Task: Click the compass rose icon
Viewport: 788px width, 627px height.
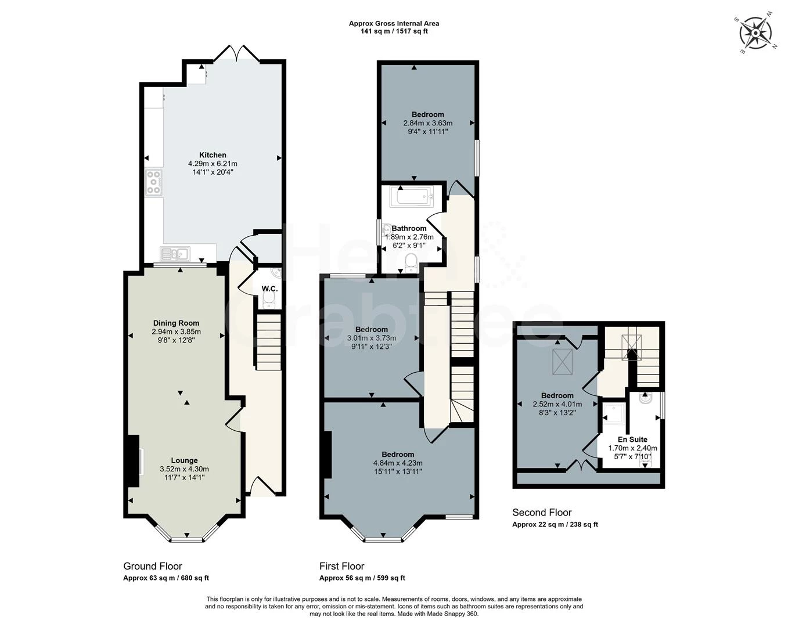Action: click(x=755, y=33)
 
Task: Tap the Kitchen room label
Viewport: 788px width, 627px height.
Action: click(x=213, y=155)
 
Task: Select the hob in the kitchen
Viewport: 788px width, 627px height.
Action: click(x=154, y=182)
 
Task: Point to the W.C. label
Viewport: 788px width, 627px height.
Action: click(x=269, y=289)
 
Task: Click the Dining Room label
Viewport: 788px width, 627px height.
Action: click(x=176, y=323)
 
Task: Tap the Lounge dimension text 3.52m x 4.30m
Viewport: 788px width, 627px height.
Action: click(x=184, y=469)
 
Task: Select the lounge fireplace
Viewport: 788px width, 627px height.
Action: click(x=134, y=460)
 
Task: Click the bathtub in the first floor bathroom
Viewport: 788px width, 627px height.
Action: click(x=412, y=197)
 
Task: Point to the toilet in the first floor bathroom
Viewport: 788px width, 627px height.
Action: click(x=411, y=262)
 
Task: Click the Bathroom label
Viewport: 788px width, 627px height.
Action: click(x=409, y=228)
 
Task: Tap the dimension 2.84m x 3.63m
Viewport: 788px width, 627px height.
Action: click(x=427, y=123)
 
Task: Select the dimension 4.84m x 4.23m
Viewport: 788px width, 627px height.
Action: click(x=398, y=463)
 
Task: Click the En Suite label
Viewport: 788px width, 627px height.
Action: click(x=632, y=439)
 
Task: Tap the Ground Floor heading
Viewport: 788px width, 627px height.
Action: click(x=153, y=566)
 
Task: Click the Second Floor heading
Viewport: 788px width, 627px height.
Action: click(x=542, y=512)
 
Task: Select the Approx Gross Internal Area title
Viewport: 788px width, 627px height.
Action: click(x=394, y=23)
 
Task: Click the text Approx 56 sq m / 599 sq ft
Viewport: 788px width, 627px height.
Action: click(x=362, y=578)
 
